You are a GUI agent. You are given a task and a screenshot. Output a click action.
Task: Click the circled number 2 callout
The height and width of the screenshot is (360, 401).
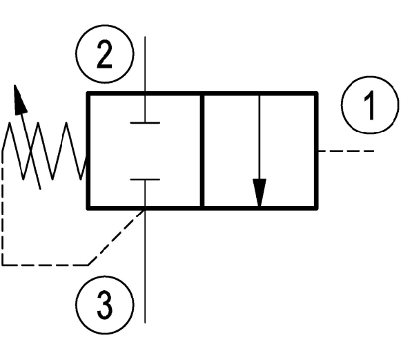[x=105, y=54]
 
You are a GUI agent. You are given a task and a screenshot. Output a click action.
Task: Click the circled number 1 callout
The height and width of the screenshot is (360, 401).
[x=370, y=105]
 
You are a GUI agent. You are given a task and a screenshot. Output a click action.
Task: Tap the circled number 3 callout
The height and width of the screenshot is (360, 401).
[x=105, y=305]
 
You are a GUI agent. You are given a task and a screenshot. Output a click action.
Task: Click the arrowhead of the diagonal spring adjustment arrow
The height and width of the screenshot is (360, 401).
[x=20, y=98]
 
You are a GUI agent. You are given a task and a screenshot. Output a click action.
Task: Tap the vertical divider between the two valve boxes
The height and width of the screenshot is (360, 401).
[x=202, y=151]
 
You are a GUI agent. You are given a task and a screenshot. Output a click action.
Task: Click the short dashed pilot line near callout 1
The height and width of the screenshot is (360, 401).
[x=346, y=151]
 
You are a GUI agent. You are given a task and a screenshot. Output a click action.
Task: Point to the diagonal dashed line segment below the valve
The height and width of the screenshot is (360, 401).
[x=117, y=237]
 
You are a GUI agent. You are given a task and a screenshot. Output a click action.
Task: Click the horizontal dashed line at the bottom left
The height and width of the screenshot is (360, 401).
[x=45, y=264]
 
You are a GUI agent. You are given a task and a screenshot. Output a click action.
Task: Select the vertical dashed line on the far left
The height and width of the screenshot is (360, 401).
[x=3, y=207]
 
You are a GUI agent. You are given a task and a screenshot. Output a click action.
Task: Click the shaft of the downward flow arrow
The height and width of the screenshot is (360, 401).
[x=260, y=137]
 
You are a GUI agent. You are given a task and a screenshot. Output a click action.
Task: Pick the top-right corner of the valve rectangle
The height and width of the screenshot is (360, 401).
[x=316, y=93]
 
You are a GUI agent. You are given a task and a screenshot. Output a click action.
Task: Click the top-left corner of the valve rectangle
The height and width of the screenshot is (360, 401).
[x=88, y=93]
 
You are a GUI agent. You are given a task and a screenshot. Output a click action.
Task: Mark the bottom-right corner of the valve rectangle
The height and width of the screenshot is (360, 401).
[x=316, y=208]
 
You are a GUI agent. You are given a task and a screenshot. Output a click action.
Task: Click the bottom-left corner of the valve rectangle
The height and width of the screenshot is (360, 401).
[x=88, y=208]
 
